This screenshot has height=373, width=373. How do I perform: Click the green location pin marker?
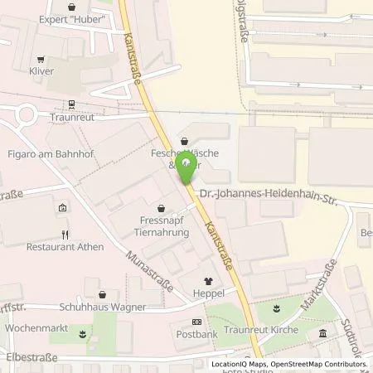pyautogui.click(x=188, y=166)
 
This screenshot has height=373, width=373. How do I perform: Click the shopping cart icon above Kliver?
pyautogui.click(x=40, y=58)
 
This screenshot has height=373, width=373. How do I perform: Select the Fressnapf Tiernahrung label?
pyautogui.click(x=162, y=227)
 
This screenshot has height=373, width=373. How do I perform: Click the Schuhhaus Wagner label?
pyautogui.click(x=103, y=307)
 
